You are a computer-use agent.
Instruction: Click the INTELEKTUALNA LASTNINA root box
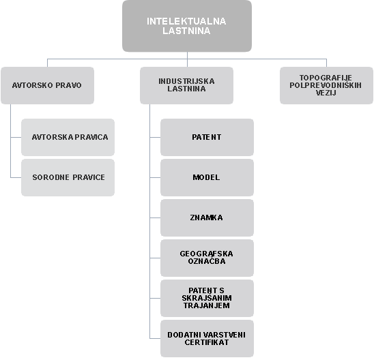click(x=187, y=26)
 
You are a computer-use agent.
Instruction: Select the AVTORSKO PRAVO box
click(x=47, y=85)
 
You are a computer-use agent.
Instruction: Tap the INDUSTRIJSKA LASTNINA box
click(x=186, y=85)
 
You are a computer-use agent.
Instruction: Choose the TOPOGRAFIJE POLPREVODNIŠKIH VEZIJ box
click(x=326, y=85)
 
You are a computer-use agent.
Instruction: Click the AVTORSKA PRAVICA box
click(x=68, y=137)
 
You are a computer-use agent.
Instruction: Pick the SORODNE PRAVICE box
click(x=68, y=177)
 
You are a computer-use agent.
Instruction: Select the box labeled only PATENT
click(x=207, y=137)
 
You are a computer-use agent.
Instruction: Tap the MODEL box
click(x=207, y=177)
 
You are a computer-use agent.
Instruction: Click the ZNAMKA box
click(x=207, y=217)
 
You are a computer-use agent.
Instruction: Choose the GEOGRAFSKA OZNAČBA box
click(x=207, y=258)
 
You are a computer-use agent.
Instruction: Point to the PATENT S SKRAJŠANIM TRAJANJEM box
click(x=207, y=298)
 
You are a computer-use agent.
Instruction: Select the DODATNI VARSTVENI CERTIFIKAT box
click(x=207, y=339)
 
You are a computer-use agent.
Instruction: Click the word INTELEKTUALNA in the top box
click(x=186, y=21)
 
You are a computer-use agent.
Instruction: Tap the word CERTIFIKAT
click(x=207, y=342)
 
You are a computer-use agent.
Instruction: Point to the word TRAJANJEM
click(x=207, y=305)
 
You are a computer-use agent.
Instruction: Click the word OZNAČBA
click(x=207, y=261)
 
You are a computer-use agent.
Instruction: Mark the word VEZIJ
click(x=326, y=93)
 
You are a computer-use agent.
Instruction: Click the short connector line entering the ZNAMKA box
click(x=155, y=217)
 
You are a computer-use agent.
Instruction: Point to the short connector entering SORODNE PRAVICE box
click(x=16, y=177)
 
